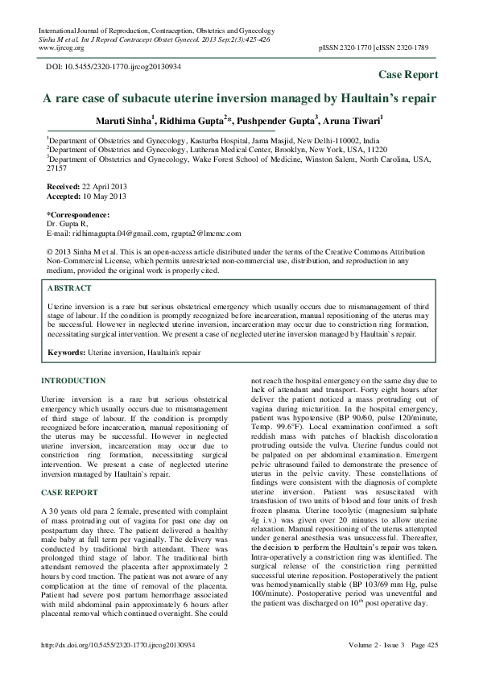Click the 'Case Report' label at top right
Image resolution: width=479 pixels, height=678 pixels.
point(408,74)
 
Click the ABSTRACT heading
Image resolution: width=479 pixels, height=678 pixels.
point(68,287)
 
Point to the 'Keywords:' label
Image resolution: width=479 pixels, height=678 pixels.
point(66,353)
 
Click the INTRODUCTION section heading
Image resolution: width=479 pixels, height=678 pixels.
point(73,381)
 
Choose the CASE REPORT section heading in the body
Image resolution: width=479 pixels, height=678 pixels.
point(69,491)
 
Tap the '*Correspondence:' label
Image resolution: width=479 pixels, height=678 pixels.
point(78,215)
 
